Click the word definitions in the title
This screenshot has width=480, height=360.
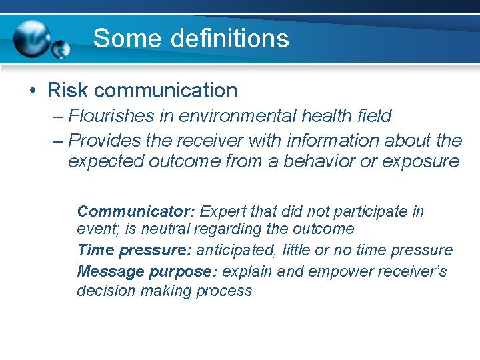point(230,39)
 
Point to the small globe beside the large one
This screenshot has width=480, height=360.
point(61,49)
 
